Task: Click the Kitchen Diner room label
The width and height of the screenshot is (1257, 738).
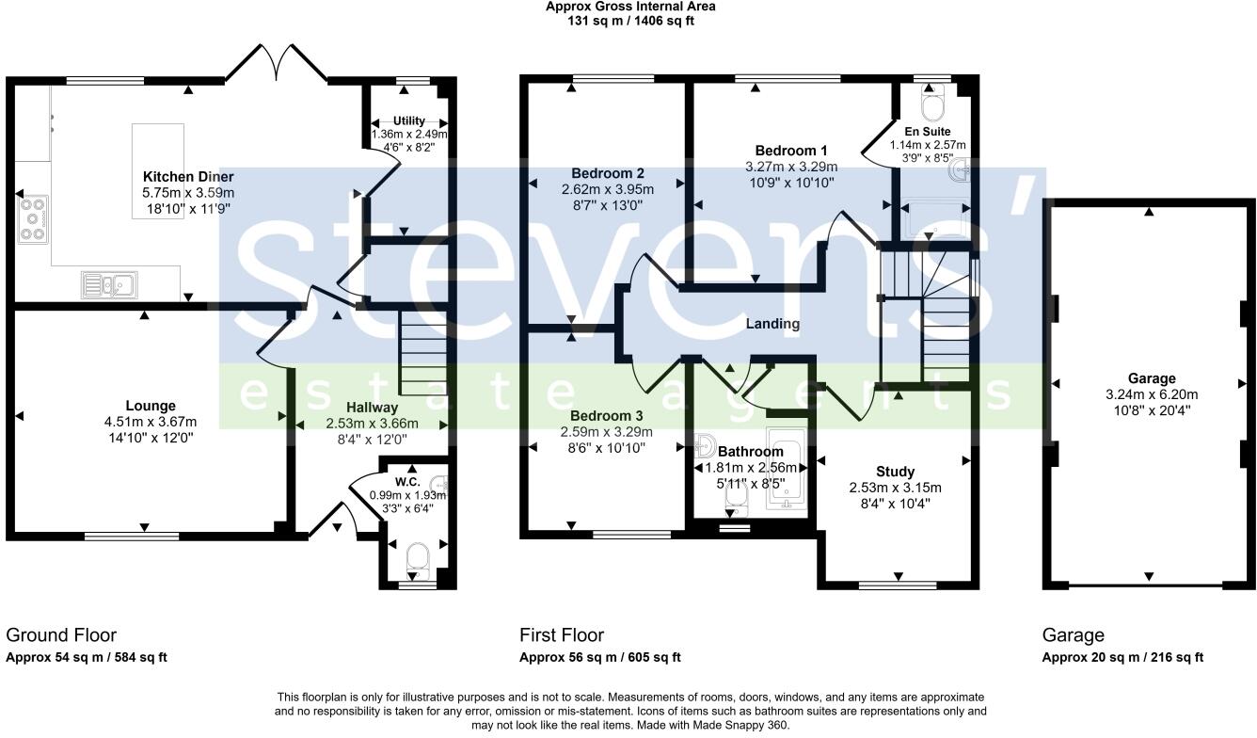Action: pyautogui.click(x=188, y=177)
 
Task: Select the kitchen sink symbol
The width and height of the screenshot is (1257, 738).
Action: pyautogui.click(x=109, y=282)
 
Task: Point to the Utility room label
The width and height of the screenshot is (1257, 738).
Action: pyautogui.click(x=409, y=120)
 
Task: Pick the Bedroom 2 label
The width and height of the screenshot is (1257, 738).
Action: pyautogui.click(x=608, y=173)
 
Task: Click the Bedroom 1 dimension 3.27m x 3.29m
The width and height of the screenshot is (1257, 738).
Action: pyautogui.click(x=791, y=167)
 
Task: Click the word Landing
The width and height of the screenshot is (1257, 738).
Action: pyautogui.click(x=772, y=324)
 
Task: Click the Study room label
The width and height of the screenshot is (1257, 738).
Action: pyautogui.click(x=895, y=472)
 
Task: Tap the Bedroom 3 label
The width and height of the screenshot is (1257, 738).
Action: pyautogui.click(x=607, y=416)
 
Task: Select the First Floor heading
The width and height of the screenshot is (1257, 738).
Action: pyautogui.click(x=562, y=635)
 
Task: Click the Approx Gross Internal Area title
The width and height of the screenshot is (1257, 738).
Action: pyautogui.click(x=630, y=7)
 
